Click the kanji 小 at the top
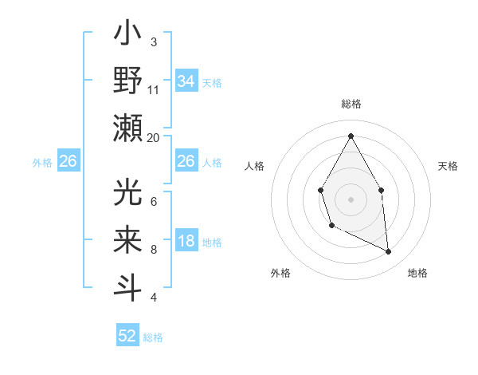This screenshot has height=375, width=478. [x=128, y=36]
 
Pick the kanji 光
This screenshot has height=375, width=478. [x=128, y=194]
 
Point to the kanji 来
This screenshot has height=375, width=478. [x=128, y=242]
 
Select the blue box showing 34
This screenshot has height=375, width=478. [x=186, y=81]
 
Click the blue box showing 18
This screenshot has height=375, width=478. [x=186, y=242]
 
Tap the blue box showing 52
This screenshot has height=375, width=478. [x=127, y=336]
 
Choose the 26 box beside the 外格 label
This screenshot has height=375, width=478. [x=68, y=162]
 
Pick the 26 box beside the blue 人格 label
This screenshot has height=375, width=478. [x=186, y=162]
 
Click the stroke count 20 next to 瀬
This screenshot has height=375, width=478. [x=154, y=137]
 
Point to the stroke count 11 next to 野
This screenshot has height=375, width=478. [x=154, y=89]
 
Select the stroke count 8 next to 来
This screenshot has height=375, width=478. [x=154, y=249]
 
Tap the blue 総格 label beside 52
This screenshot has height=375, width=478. [x=153, y=337]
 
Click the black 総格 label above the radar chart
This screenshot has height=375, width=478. [x=351, y=104]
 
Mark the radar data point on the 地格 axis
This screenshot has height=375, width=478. [x=389, y=252]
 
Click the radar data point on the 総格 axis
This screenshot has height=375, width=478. [x=351, y=135]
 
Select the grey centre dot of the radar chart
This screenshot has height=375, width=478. [x=351, y=199]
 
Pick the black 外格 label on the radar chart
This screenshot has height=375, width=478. [x=280, y=273]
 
